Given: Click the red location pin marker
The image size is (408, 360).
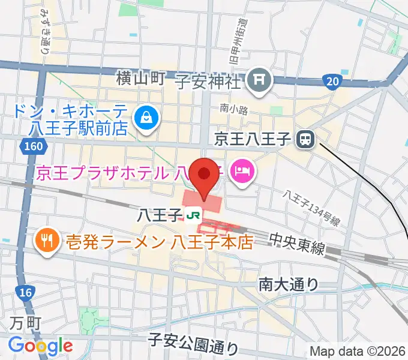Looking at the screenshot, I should tap(205, 175).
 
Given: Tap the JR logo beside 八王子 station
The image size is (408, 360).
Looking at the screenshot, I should tap(193, 214).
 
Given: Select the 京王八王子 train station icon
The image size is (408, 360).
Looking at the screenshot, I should tap(305, 140).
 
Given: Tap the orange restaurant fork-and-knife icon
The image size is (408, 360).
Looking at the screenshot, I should tap(47, 242).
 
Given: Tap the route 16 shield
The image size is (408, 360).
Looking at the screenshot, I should tap(25, 292).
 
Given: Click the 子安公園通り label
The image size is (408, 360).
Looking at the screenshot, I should tap(193, 346).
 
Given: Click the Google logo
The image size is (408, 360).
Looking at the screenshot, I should tap(40, 345).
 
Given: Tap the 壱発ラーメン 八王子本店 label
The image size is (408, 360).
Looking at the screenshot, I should tap(158, 242).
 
